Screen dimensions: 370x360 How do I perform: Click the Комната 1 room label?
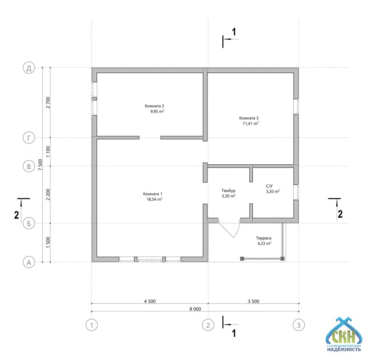[x=153, y=194]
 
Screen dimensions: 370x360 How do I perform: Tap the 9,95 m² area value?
[x=157, y=111]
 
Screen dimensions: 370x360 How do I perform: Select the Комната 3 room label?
[x=249, y=118]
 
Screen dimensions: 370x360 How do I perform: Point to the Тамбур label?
[x=228, y=191]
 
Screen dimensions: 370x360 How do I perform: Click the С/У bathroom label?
[x=269, y=186]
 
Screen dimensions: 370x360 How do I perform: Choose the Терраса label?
[x=263, y=238]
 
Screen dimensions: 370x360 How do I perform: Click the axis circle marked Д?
[x=29, y=68]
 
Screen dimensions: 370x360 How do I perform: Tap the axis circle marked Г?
[x=29, y=138]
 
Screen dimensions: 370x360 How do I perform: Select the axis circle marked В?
[x=29, y=166]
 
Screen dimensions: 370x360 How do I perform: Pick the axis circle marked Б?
[x=29, y=223]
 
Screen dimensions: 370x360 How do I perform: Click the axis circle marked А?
[x=29, y=262]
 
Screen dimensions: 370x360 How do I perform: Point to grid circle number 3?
[x=299, y=325]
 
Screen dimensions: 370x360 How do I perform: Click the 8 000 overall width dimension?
[x=195, y=309]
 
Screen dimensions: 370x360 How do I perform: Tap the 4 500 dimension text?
[x=150, y=301]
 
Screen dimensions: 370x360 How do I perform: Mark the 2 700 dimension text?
[x=48, y=103]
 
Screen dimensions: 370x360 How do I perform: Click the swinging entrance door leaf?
[x=226, y=229]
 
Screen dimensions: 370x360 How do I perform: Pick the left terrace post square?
[x=242, y=259]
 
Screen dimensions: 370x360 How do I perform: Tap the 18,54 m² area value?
[x=154, y=199]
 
